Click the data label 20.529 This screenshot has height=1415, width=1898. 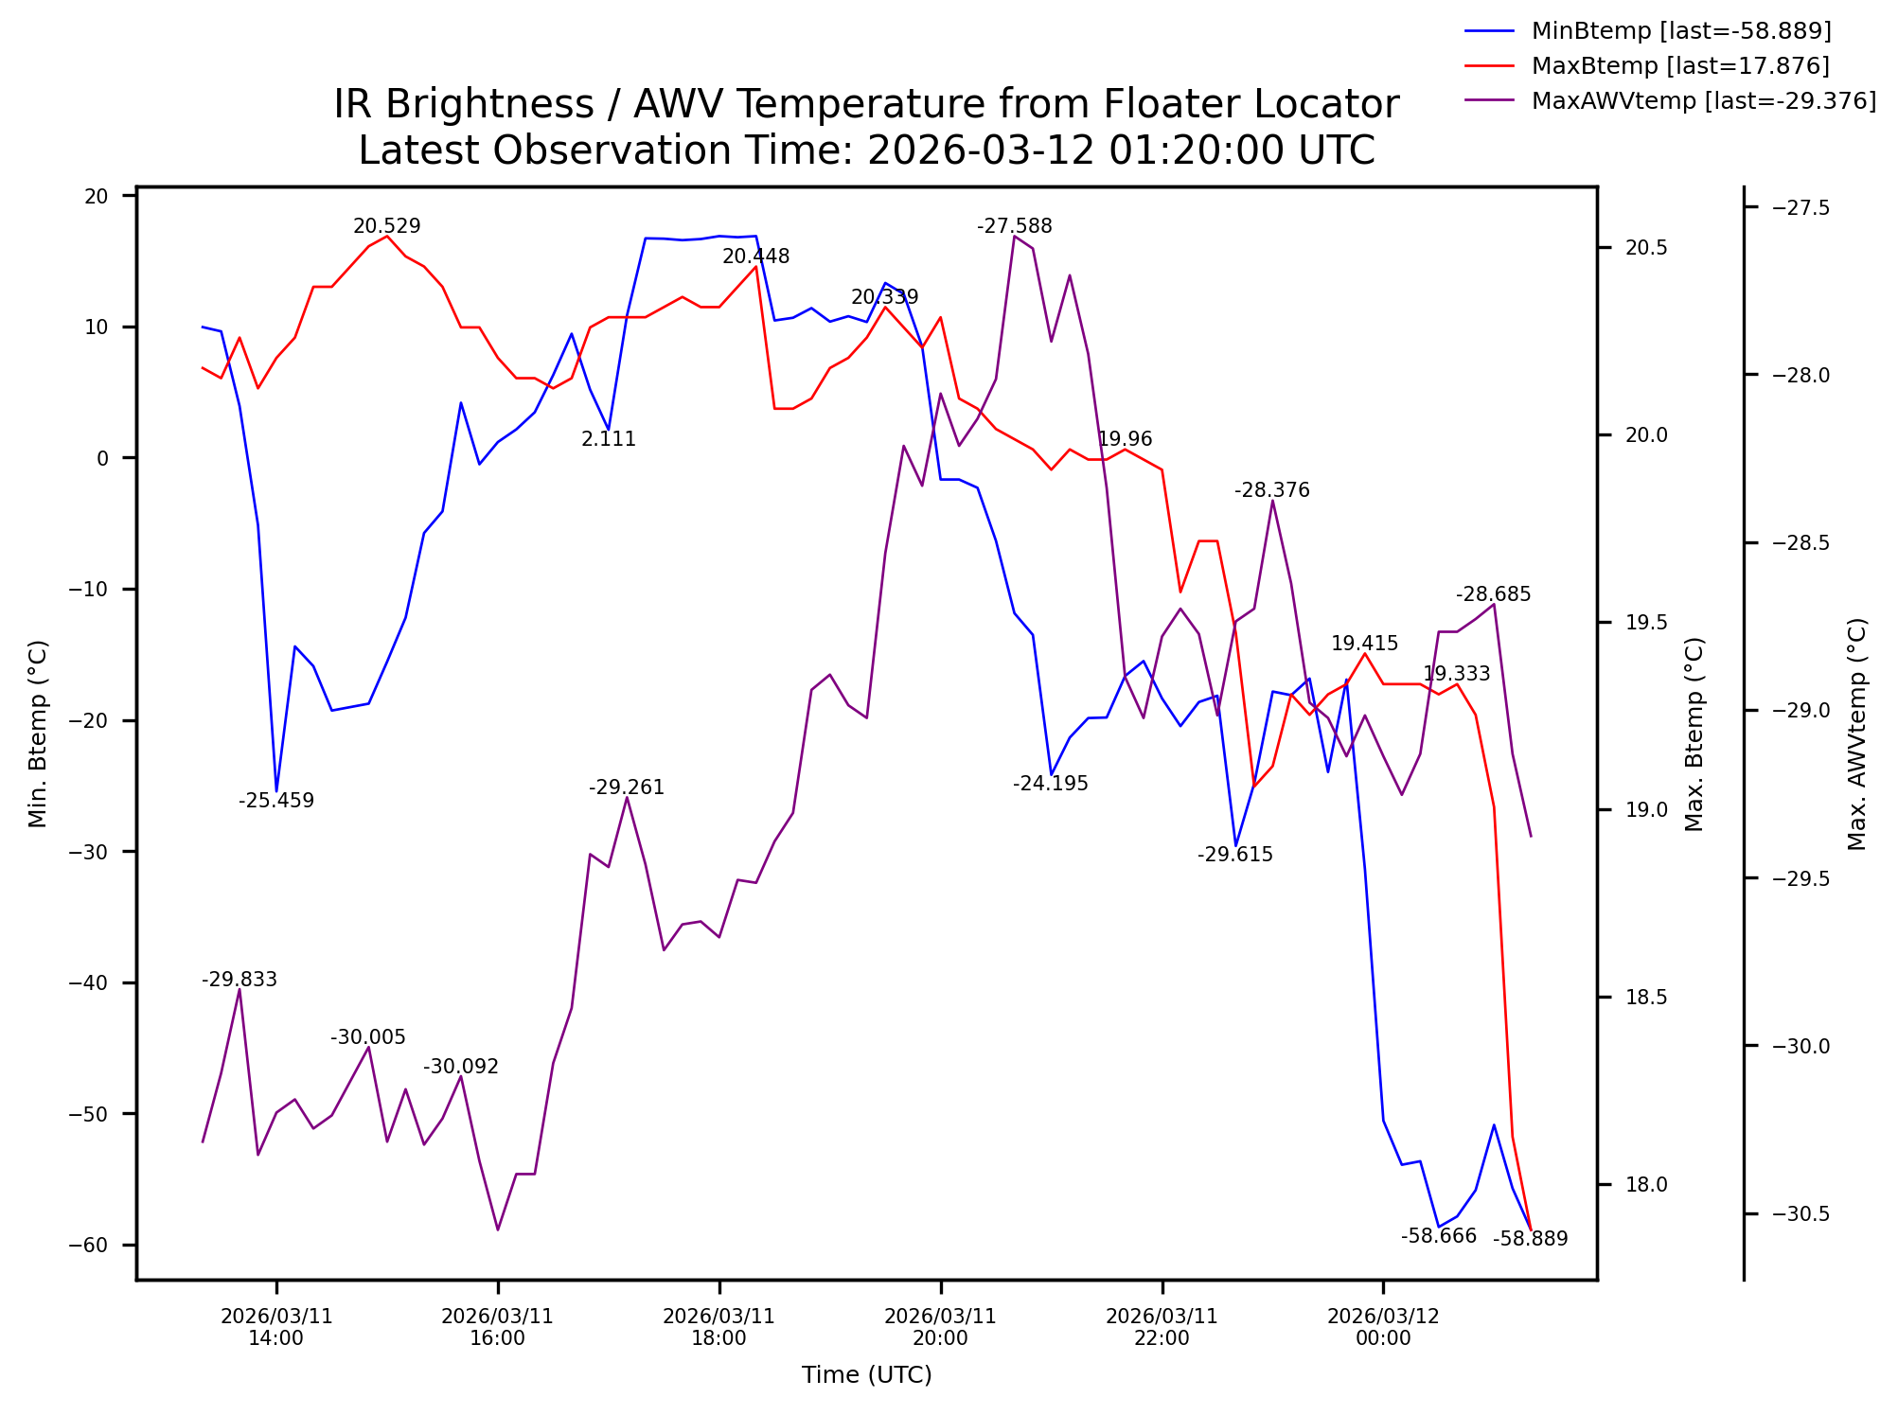[x=386, y=226]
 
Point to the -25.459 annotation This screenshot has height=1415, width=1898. [x=275, y=801]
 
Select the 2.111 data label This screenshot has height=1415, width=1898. [x=608, y=439]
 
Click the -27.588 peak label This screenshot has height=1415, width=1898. [x=1014, y=226]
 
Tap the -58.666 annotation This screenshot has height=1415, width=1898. [x=1438, y=1236]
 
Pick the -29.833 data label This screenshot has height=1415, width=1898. [x=239, y=980]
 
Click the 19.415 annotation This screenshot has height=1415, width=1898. [x=1364, y=644]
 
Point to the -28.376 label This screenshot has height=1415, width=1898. [x=1271, y=490]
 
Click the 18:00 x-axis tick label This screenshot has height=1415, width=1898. [x=718, y=1327]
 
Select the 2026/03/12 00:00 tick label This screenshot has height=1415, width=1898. [x=1383, y=1327]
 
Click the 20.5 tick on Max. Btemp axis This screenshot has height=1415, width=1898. [x=1645, y=248]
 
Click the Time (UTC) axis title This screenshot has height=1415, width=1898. [x=866, y=1374]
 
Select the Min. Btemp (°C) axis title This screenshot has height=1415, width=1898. [x=38, y=734]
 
